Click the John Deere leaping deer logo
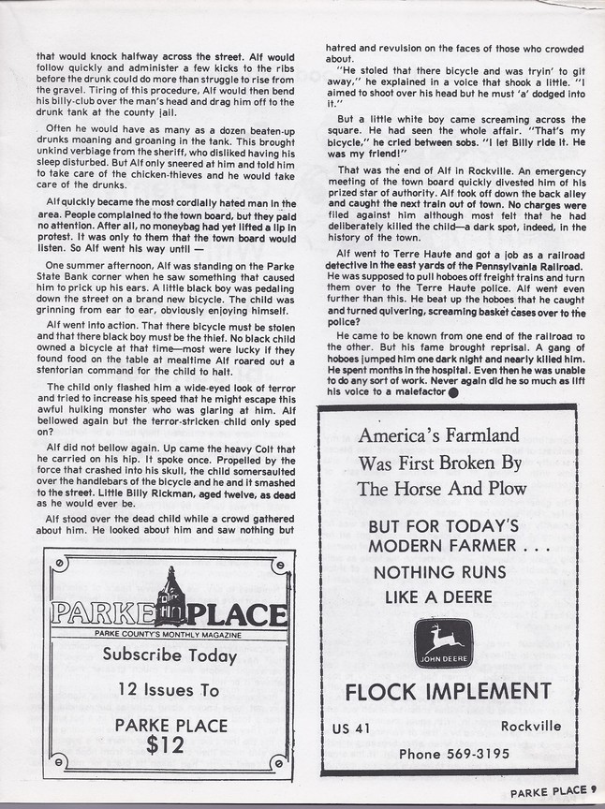click(x=444, y=642)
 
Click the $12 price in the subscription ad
click(x=171, y=745)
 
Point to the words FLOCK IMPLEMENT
click(x=448, y=692)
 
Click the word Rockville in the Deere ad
click(x=531, y=726)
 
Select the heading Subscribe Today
click(x=170, y=655)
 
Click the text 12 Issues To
click(x=170, y=690)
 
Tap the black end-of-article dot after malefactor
click(x=453, y=392)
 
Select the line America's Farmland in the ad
click(x=437, y=434)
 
